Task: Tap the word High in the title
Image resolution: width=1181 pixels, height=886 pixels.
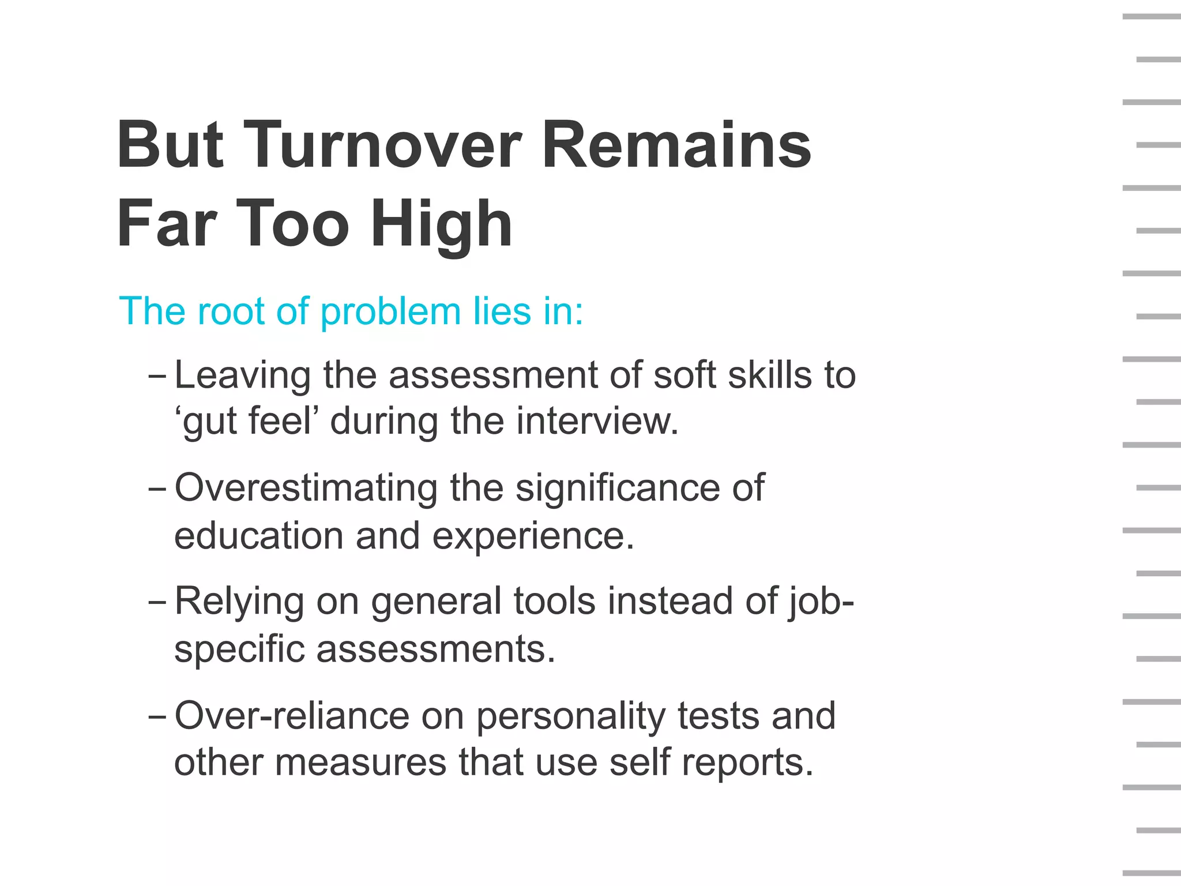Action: [441, 224]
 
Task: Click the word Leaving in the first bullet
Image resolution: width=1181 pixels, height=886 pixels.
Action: [242, 376]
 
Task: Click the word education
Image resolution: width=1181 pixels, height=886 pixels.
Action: [259, 536]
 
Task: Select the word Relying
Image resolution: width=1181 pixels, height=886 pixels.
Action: [239, 602]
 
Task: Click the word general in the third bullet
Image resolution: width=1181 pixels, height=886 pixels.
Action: [436, 602]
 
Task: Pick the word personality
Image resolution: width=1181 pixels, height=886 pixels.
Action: [570, 716]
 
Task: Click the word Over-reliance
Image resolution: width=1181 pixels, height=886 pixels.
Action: [291, 716]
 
